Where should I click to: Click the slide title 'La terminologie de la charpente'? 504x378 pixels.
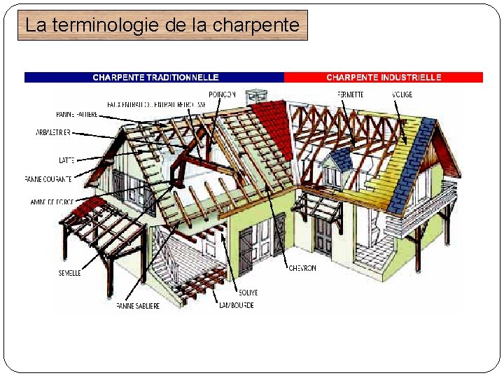pyautogui.click(x=162, y=26)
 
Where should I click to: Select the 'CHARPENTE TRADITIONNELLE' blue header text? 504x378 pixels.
pyautogui.click(x=155, y=78)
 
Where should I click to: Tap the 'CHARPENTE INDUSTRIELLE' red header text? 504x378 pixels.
pyautogui.click(x=384, y=78)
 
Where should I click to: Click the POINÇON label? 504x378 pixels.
pyautogui.click(x=222, y=94)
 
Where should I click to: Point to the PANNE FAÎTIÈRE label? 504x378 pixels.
pyautogui.click(x=77, y=115)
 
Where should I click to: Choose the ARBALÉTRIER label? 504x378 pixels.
pyautogui.click(x=53, y=132)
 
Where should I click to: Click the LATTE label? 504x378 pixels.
pyautogui.click(x=67, y=160)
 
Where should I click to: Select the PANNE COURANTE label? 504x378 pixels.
pyautogui.click(x=48, y=179)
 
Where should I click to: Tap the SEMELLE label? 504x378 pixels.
pyautogui.click(x=69, y=273)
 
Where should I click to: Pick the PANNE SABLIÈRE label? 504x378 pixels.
pyautogui.click(x=138, y=306)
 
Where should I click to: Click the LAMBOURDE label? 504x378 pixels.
pyautogui.click(x=236, y=306)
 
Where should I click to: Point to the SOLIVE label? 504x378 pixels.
pyautogui.click(x=247, y=293)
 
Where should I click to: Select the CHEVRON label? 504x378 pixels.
pyautogui.click(x=302, y=268)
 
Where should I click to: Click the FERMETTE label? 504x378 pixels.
pyautogui.click(x=349, y=94)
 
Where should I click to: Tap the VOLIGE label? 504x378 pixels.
pyautogui.click(x=402, y=94)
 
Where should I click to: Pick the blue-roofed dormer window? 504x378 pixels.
pyautogui.click(x=340, y=160)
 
